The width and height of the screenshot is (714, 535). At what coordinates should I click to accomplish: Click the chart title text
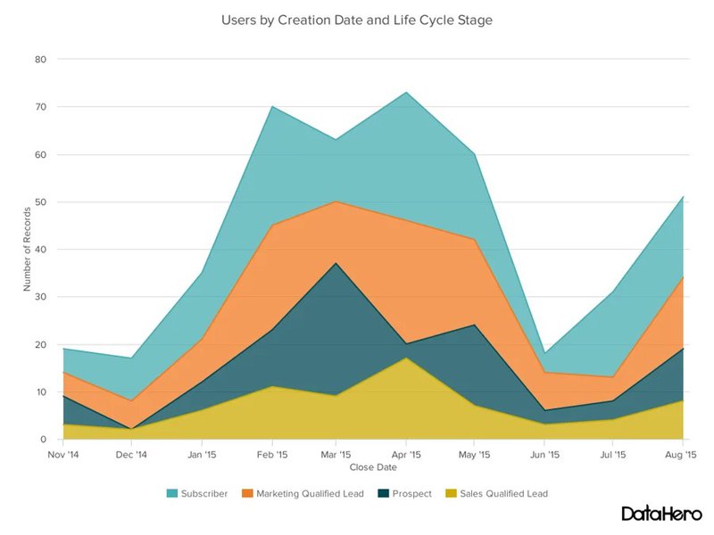pos(356,18)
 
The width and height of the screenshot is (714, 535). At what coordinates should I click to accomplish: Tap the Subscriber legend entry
pos(197,493)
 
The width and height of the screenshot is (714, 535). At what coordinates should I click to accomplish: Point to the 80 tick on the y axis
pos(41,59)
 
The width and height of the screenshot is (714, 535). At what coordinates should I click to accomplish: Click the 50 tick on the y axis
pos(41,202)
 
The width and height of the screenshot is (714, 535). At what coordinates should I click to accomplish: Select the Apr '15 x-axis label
pos(407,454)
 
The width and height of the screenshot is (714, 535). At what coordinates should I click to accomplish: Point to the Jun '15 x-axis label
pos(545,454)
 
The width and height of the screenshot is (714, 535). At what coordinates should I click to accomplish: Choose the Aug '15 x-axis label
pos(682,454)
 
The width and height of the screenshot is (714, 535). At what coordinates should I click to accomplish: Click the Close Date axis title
pos(373,466)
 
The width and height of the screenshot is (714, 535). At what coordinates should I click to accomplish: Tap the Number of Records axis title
pos(28,250)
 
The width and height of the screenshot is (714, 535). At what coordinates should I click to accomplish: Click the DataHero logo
pos(661,514)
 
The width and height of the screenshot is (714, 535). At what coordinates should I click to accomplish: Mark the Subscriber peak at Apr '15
pos(407,92)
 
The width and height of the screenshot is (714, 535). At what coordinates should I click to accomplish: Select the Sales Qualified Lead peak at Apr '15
pos(407,358)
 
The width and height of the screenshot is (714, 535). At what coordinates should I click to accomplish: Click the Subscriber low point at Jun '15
pos(545,354)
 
